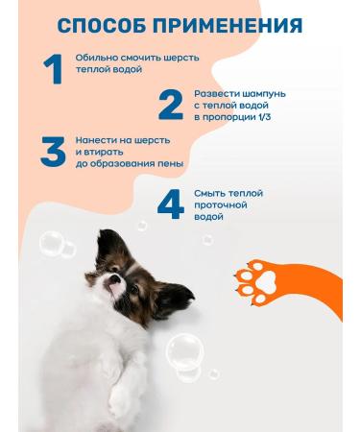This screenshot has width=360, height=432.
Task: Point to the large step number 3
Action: [54, 151]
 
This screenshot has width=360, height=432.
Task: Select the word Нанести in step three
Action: [95, 140]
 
